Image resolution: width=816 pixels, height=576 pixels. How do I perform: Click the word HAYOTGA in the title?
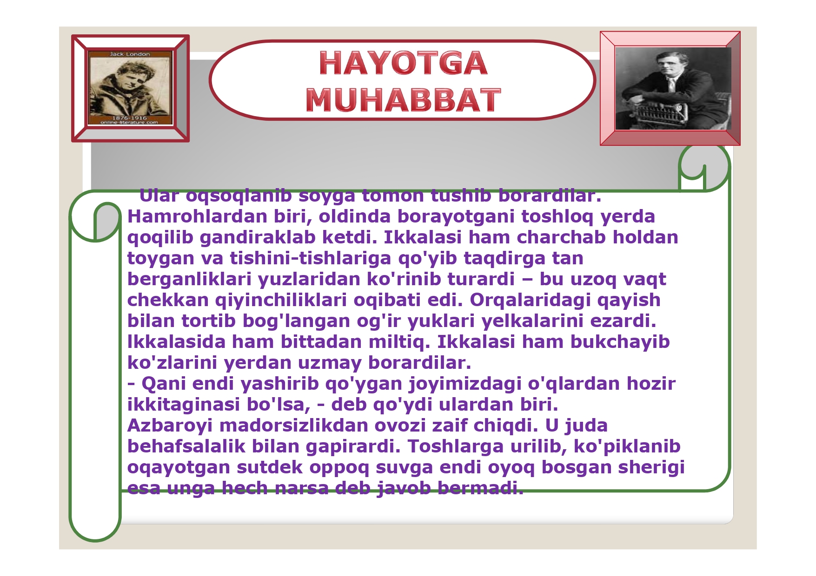(x=403, y=63)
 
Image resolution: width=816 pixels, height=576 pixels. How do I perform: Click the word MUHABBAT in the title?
(x=403, y=100)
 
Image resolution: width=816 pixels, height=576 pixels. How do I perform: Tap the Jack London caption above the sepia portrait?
(x=130, y=54)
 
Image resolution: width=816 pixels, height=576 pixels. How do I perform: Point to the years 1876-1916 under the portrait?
(x=129, y=118)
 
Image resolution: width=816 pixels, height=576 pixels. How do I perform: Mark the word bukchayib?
(x=620, y=342)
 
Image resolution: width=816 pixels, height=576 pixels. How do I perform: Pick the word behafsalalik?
(x=186, y=446)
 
